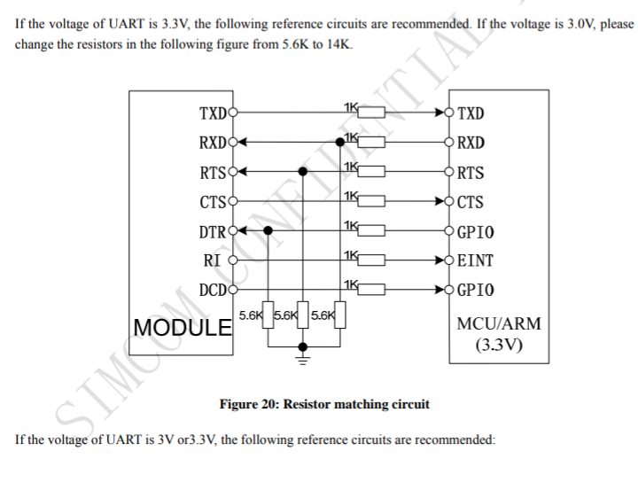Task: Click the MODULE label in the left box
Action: [183, 328]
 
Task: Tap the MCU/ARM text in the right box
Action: [499, 323]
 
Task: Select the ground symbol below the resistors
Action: [303, 360]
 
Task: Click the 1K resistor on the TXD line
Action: [371, 113]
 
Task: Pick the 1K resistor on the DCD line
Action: [371, 289]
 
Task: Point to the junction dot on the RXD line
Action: [340, 142]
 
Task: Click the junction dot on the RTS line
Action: [303, 172]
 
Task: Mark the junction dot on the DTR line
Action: [268, 230]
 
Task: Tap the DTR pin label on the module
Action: [213, 232]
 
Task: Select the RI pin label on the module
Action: [212, 260]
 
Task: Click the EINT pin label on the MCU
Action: [475, 260]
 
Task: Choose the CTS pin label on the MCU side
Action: [471, 202]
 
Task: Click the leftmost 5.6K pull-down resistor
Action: [268, 315]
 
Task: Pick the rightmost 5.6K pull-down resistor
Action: [340, 315]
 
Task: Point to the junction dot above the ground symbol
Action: [303, 347]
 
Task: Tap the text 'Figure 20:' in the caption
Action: [249, 404]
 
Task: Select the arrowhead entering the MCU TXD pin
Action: [440, 113]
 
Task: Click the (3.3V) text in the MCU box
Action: [499, 345]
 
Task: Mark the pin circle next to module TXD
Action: [233, 113]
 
